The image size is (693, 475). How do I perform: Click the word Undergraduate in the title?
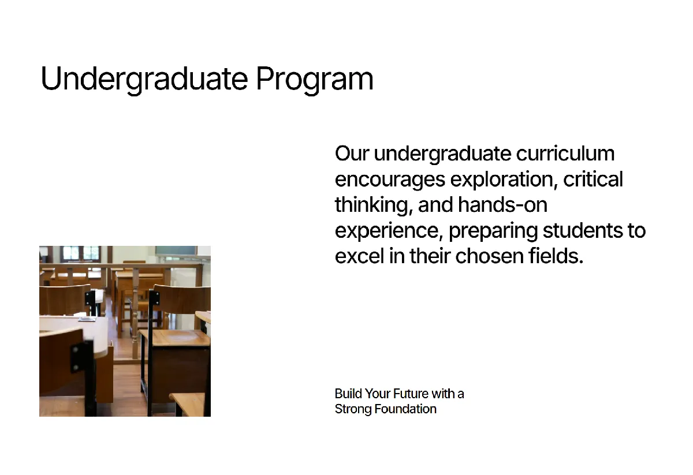tap(144, 79)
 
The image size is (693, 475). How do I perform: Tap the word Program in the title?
tap(315, 79)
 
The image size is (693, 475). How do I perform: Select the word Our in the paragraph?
tap(352, 154)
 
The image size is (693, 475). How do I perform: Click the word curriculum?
tap(565, 154)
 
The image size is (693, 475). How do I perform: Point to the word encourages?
tap(390, 180)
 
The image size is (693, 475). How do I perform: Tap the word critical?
tap(593, 179)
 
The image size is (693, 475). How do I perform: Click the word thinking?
tap(374, 205)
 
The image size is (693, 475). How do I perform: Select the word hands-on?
tap(503, 205)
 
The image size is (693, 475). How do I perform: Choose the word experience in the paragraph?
tap(389, 231)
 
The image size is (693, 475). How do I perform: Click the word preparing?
tap(493, 231)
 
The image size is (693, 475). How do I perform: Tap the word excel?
tap(359, 256)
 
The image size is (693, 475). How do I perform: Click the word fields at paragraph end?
tap(556, 256)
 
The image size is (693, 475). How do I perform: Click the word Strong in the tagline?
tap(353, 409)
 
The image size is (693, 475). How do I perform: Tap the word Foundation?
tap(405, 409)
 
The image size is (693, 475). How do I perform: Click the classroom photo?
tap(125, 331)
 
